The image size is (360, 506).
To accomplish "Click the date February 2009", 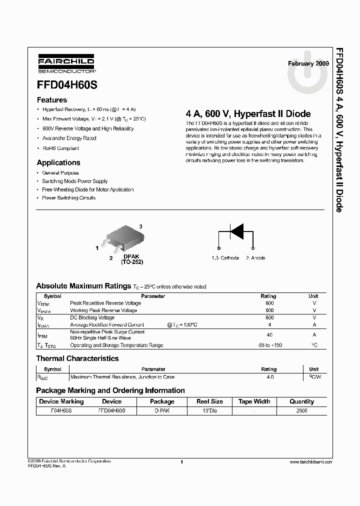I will click(308, 63).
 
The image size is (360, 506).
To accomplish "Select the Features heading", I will click(52, 99).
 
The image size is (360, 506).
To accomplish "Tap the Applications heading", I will click(58, 162).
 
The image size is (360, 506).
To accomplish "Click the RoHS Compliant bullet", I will click(60, 148).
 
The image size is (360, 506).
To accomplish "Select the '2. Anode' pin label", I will click(255, 258).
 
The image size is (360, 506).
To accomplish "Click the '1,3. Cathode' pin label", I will click(225, 258).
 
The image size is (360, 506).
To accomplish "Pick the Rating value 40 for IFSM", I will click(269, 335).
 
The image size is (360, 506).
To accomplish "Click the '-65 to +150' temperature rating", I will click(269, 345).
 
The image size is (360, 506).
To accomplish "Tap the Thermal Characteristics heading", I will click(77, 358).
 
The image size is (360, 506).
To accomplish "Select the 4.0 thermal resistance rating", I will click(269, 377).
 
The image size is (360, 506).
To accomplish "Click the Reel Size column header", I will click(209, 401).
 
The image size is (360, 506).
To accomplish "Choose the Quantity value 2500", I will click(301, 410).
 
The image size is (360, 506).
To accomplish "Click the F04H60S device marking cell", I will click(61, 410).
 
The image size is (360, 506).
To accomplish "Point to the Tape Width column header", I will click(254, 401).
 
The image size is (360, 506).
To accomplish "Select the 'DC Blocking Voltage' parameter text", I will click(92, 317).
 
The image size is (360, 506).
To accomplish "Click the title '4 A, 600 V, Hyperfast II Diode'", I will click(248, 114).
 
